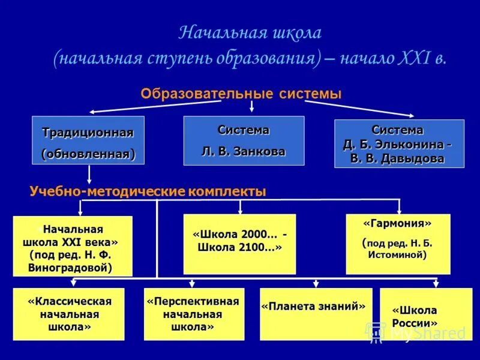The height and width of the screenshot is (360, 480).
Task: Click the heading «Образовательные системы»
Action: click(241, 94)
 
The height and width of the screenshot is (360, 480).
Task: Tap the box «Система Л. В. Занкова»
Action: click(244, 140)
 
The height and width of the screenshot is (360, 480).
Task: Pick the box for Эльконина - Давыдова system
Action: click(399, 144)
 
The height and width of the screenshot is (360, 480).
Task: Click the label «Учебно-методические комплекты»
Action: click(148, 191)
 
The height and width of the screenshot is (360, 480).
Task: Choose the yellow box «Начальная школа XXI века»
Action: click(73, 246)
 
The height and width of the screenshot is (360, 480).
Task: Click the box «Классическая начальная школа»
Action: click(69, 314)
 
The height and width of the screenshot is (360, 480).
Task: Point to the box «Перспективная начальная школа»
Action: click(193, 314)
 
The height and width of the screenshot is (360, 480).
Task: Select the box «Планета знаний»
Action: click(316, 314)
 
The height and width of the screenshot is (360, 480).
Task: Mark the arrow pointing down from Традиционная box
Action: click(89, 174)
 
